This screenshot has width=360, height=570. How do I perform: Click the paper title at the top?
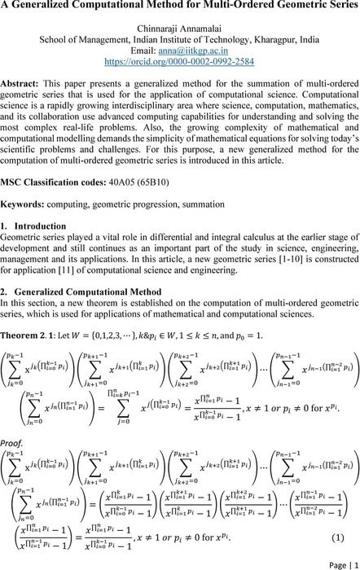pos(179,11)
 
